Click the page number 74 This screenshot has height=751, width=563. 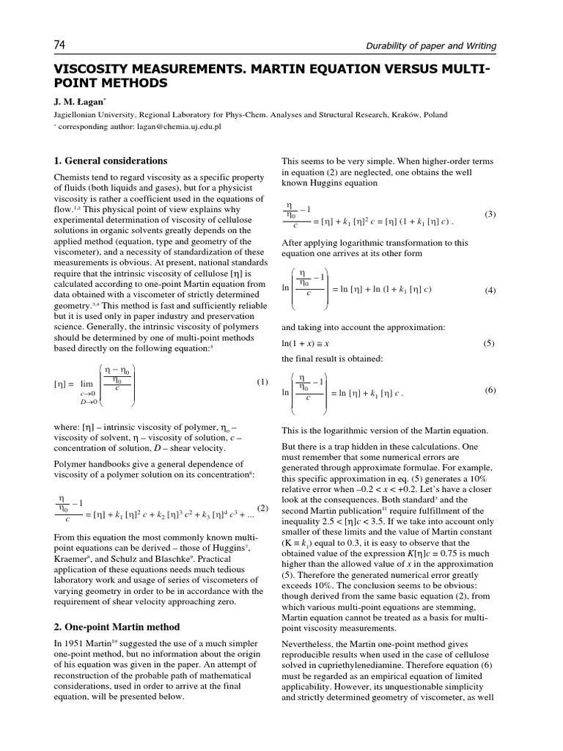point(60,45)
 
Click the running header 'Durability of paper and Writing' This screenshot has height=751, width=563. point(431,46)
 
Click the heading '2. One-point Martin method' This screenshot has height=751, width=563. point(117,627)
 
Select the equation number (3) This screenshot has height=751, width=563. point(490,214)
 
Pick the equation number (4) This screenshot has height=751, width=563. point(490,290)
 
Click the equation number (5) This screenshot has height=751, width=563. point(490,343)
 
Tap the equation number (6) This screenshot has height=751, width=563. point(490,390)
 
